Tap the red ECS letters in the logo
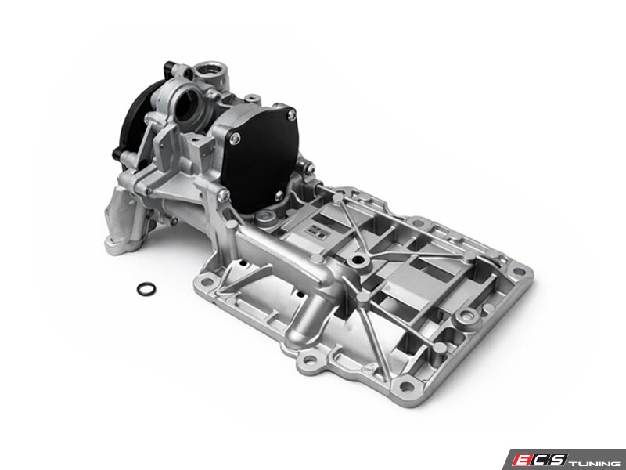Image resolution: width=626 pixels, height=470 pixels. click(540, 459)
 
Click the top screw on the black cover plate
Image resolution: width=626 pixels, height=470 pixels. click(292, 114)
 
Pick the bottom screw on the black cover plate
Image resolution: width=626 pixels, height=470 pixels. click(279, 196)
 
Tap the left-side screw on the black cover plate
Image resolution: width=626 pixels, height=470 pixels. click(236, 139)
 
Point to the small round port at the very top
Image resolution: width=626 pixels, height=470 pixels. click(210, 70)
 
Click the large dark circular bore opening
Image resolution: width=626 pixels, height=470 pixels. click(188, 105)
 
